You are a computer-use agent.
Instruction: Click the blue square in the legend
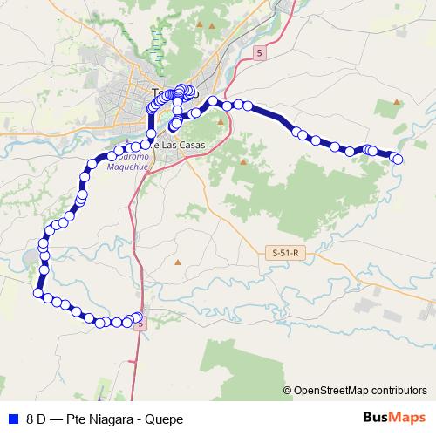[x=12, y=419]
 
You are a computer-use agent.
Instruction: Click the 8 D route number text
[x=36, y=419]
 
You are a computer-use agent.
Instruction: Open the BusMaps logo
[x=394, y=418]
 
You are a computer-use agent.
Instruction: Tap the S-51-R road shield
[x=285, y=253]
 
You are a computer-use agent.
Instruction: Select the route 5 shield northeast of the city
[x=259, y=54]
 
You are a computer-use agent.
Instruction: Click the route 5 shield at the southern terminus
[x=140, y=324]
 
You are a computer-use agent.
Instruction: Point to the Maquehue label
[x=127, y=160]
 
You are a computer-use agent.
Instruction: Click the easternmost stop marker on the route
[x=399, y=159]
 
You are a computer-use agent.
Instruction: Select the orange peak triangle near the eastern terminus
[x=397, y=102]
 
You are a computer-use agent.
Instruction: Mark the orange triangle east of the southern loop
[x=178, y=262]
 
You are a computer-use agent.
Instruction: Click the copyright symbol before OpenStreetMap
[x=287, y=390]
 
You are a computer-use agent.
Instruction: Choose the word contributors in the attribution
[x=397, y=390]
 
